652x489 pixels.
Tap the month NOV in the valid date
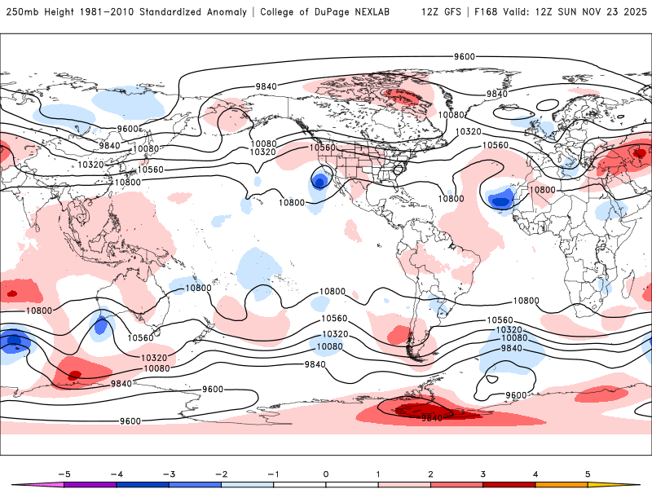pos(590,12)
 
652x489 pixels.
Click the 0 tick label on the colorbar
pos(325,473)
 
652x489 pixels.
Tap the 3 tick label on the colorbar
pos(483,473)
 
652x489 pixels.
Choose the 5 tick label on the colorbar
pos(588,473)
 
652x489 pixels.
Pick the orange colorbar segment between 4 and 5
pos(562,484)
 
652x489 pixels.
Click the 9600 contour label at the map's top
pos(465,56)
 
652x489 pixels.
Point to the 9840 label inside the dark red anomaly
pos(432,417)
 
